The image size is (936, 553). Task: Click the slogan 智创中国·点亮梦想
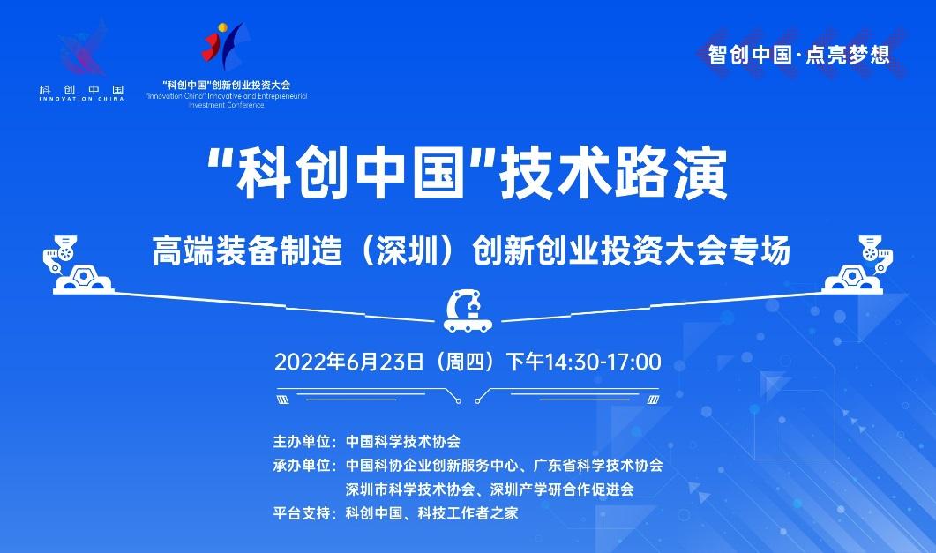[x=798, y=55]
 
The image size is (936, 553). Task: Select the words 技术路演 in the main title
[x=614, y=174]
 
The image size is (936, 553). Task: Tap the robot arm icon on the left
[x=77, y=265]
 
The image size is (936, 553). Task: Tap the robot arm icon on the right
[x=858, y=265]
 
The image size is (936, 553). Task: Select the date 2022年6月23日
[x=349, y=362]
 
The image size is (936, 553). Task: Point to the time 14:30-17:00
[x=603, y=362]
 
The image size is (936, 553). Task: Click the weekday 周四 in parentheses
[x=466, y=362]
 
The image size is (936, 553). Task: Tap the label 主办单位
[x=302, y=442]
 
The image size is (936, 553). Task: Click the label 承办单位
[x=302, y=466]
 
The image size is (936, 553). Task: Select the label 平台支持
[x=302, y=513]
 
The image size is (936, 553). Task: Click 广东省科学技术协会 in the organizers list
[x=598, y=466]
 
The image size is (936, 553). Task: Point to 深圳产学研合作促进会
[x=562, y=489]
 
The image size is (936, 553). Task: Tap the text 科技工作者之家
[x=468, y=513]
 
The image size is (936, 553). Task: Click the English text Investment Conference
[x=226, y=105]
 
